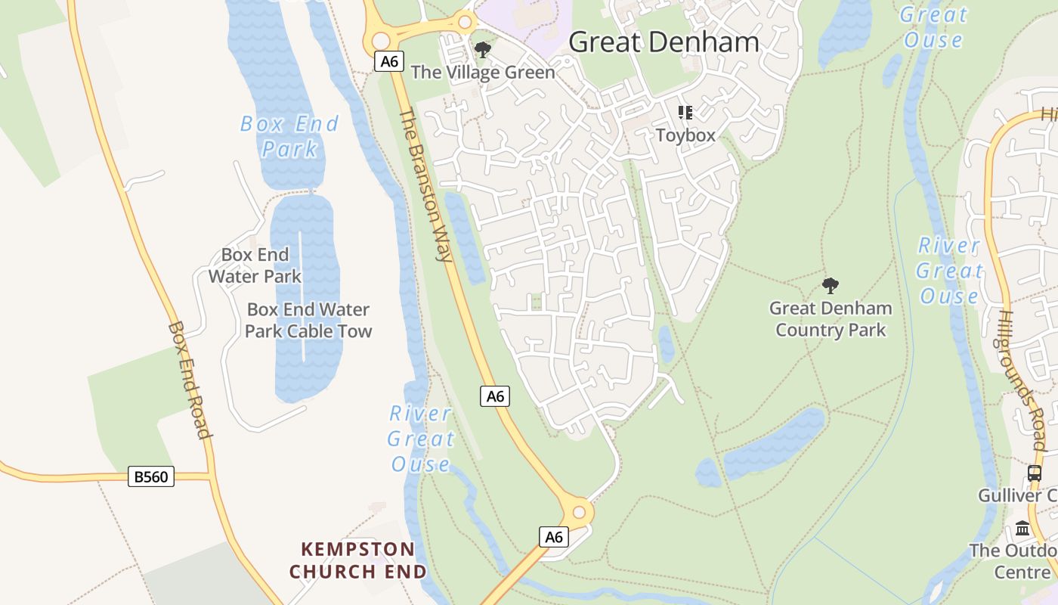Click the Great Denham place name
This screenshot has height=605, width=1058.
click(x=664, y=42)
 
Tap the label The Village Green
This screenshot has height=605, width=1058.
click(x=483, y=73)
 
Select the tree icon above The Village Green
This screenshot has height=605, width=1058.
click(x=482, y=51)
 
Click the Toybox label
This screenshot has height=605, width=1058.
click(x=685, y=135)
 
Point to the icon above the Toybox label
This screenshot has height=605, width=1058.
click(x=685, y=113)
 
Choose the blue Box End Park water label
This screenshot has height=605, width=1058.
click(x=289, y=136)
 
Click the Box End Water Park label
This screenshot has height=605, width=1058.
click(x=255, y=265)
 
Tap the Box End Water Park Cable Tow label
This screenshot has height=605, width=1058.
click(x=308, y=320)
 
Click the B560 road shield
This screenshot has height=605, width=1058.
click(x=151, y=476)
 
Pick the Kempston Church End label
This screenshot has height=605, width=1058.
click(x=358, y=560)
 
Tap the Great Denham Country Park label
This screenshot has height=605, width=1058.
click(x=831, y=319)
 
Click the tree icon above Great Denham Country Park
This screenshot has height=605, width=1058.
click(x=831, y=285)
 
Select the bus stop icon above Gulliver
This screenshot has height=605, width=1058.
click(x=1035, y=473)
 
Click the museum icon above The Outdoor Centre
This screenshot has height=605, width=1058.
click(x=1023, y=528)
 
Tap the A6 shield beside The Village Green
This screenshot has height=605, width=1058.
click(x=389, y=61)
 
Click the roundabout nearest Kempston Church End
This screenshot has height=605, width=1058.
click(x=579, y=513)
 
